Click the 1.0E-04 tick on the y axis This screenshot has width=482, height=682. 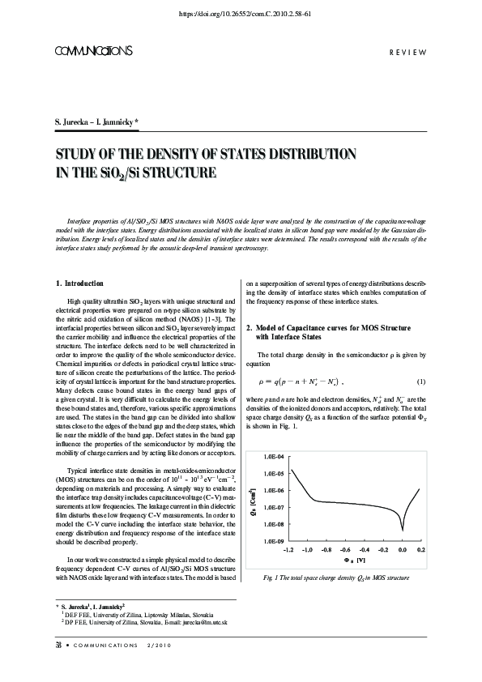point(272,458)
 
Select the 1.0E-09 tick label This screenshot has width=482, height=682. point(272,540)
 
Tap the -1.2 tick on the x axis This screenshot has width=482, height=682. point(288,549)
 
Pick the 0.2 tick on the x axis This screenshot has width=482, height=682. point(421,549)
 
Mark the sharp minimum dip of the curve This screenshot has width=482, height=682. point(403,530)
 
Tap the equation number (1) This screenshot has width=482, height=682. point(421,381)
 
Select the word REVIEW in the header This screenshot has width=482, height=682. point(408,52)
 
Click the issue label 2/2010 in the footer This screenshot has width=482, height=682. point(160,667)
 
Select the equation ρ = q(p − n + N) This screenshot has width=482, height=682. point(301,381)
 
